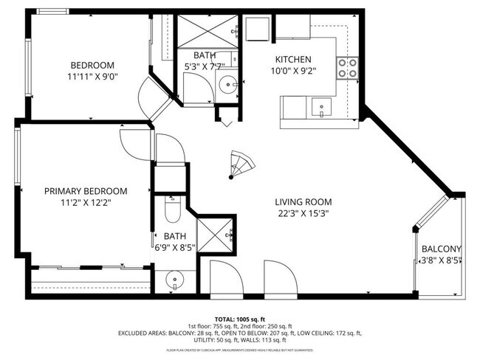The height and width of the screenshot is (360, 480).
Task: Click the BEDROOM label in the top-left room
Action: tap(92, 63)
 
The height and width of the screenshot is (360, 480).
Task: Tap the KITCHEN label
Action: tap(293, 60)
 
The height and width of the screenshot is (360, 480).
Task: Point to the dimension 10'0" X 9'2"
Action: tap(293, 72)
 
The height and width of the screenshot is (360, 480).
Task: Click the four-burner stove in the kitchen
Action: tap(347, 68)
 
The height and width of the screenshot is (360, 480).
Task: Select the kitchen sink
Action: tap(321, 108)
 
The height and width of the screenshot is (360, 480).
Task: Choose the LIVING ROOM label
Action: tap(303, 202)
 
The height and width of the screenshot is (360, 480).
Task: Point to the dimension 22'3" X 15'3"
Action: tap(303, 214)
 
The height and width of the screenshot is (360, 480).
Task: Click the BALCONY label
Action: tap(441, 249)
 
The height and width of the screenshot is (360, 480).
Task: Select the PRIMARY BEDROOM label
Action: tap(86, 190)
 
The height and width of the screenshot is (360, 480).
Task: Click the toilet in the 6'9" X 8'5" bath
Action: tap(171, 210)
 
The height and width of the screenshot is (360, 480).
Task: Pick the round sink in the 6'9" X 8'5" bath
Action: tap(174, 280)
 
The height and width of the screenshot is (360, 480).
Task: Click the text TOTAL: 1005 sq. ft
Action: tap(240, 319)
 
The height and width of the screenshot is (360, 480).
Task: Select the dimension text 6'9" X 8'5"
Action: tap(174, 248)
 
